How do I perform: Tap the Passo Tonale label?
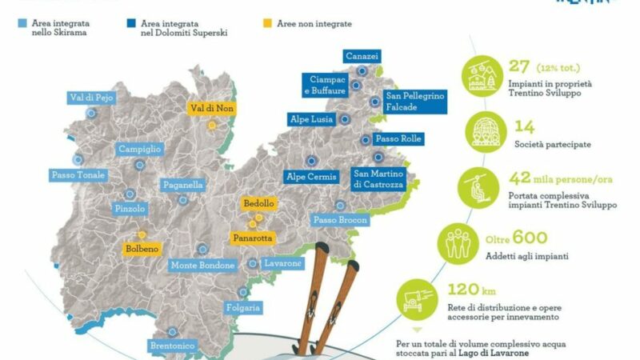[78, 175]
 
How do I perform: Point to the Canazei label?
[362, 56]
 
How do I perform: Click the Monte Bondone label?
[203, 265]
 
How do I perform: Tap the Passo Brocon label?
[340, 220]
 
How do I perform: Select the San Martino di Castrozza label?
[379, 179]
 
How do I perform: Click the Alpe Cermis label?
[311, 177]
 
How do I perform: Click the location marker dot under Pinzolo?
[130, 193]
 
